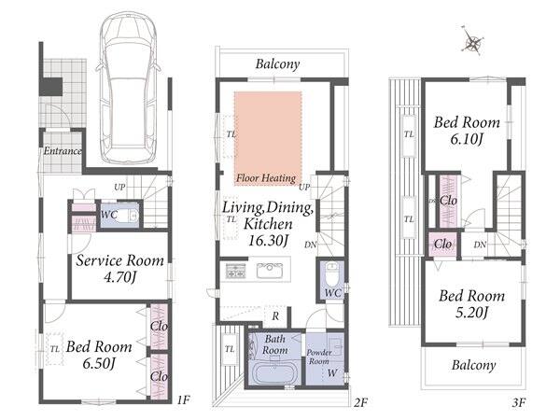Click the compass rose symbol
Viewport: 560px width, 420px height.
[473, 41]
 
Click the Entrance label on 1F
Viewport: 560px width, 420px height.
[63, 151]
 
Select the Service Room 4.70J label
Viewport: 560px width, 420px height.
[120, 268]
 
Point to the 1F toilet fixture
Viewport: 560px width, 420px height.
[126, 215]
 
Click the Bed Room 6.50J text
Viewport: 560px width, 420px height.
[99, 355]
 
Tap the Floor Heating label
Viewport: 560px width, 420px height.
[266, 178]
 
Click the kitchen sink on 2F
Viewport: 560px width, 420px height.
[270, 271]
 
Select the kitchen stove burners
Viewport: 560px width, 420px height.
[236, 271]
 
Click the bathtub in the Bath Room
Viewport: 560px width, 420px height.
[275, 372]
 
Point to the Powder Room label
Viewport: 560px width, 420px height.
[319, 357]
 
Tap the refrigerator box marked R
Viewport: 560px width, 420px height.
[275, 316]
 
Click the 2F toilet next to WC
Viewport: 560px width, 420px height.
[331, 273]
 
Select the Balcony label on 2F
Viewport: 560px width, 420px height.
[277, 64]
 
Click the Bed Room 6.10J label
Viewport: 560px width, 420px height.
[467, 131]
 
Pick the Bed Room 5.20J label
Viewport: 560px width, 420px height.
[471, 304]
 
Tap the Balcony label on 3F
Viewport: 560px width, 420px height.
[473, 365]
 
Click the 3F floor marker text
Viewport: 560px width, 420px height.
[519, 403]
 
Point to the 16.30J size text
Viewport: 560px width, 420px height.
[268, 241]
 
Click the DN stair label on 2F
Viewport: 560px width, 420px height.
[311, 245]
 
